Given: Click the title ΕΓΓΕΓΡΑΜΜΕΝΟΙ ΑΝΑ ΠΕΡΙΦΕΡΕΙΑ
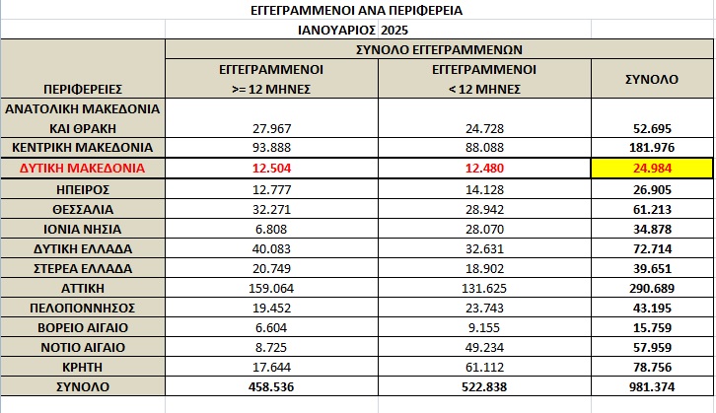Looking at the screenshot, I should click(x=357, y=11).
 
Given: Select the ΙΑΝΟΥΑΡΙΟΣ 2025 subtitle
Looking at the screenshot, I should click(x=357, y=30).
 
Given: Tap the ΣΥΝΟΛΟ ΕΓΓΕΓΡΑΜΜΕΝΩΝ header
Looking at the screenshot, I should click(x=439, y=48).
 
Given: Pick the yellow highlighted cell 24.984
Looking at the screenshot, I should click(x=652, y=169).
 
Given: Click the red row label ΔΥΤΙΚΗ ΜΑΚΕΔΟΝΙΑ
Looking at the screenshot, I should click(x=83, y=169).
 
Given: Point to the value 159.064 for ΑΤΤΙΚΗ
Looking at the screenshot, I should click(x=270, y=288).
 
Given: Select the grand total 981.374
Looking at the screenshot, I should click(x=652, y=386).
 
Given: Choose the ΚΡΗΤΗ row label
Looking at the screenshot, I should click(x=83, y=367).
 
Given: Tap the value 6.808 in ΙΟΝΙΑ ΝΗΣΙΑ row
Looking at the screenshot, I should click(x=270, y=229).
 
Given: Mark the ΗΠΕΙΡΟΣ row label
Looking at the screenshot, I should click(x=83, y=188).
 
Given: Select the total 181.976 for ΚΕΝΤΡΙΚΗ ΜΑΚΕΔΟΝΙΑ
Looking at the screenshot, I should click(x=652, y=148).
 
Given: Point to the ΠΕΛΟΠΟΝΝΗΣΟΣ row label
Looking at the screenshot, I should click(x=83, y=308).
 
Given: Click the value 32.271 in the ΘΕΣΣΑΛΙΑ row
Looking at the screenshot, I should click(x=270, y=209).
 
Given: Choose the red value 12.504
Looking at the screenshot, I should click(x=270, y=169).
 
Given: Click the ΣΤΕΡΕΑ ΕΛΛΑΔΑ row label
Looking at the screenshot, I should click(x=83, y=268).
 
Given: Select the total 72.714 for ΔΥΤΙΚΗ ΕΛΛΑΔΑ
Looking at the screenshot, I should click(x=652, y=248).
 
